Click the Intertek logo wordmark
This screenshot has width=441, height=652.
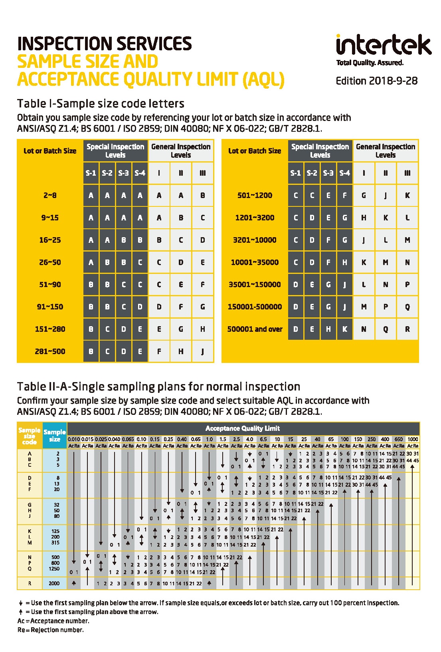tap(383, 45)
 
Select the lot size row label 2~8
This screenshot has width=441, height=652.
tap(50, 195)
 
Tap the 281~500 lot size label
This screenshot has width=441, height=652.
tap(50, 351)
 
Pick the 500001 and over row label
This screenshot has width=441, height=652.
tap(255, 329)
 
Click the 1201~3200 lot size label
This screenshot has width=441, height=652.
tap(255, 218)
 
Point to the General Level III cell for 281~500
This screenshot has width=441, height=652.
tap(203, 351)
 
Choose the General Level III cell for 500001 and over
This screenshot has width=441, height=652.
tap(407, 329)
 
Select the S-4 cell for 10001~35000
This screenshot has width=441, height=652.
tap(344, 262)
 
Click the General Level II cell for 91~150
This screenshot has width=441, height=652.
tap(181, 307)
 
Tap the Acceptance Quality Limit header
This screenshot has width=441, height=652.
tap(243, 428)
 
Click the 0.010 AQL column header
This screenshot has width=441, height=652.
tap(74, 439)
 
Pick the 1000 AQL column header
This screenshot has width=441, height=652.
tap(413, 439)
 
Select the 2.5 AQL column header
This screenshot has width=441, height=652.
tap(236, 439)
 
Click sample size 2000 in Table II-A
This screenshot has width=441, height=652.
tap(54, 583)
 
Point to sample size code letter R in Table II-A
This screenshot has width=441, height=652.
tap(30, 583)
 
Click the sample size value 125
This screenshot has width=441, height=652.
tap(55, 531)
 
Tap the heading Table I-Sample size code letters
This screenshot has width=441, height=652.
tap(101, 104)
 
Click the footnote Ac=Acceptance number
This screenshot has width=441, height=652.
tap(53, 621)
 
